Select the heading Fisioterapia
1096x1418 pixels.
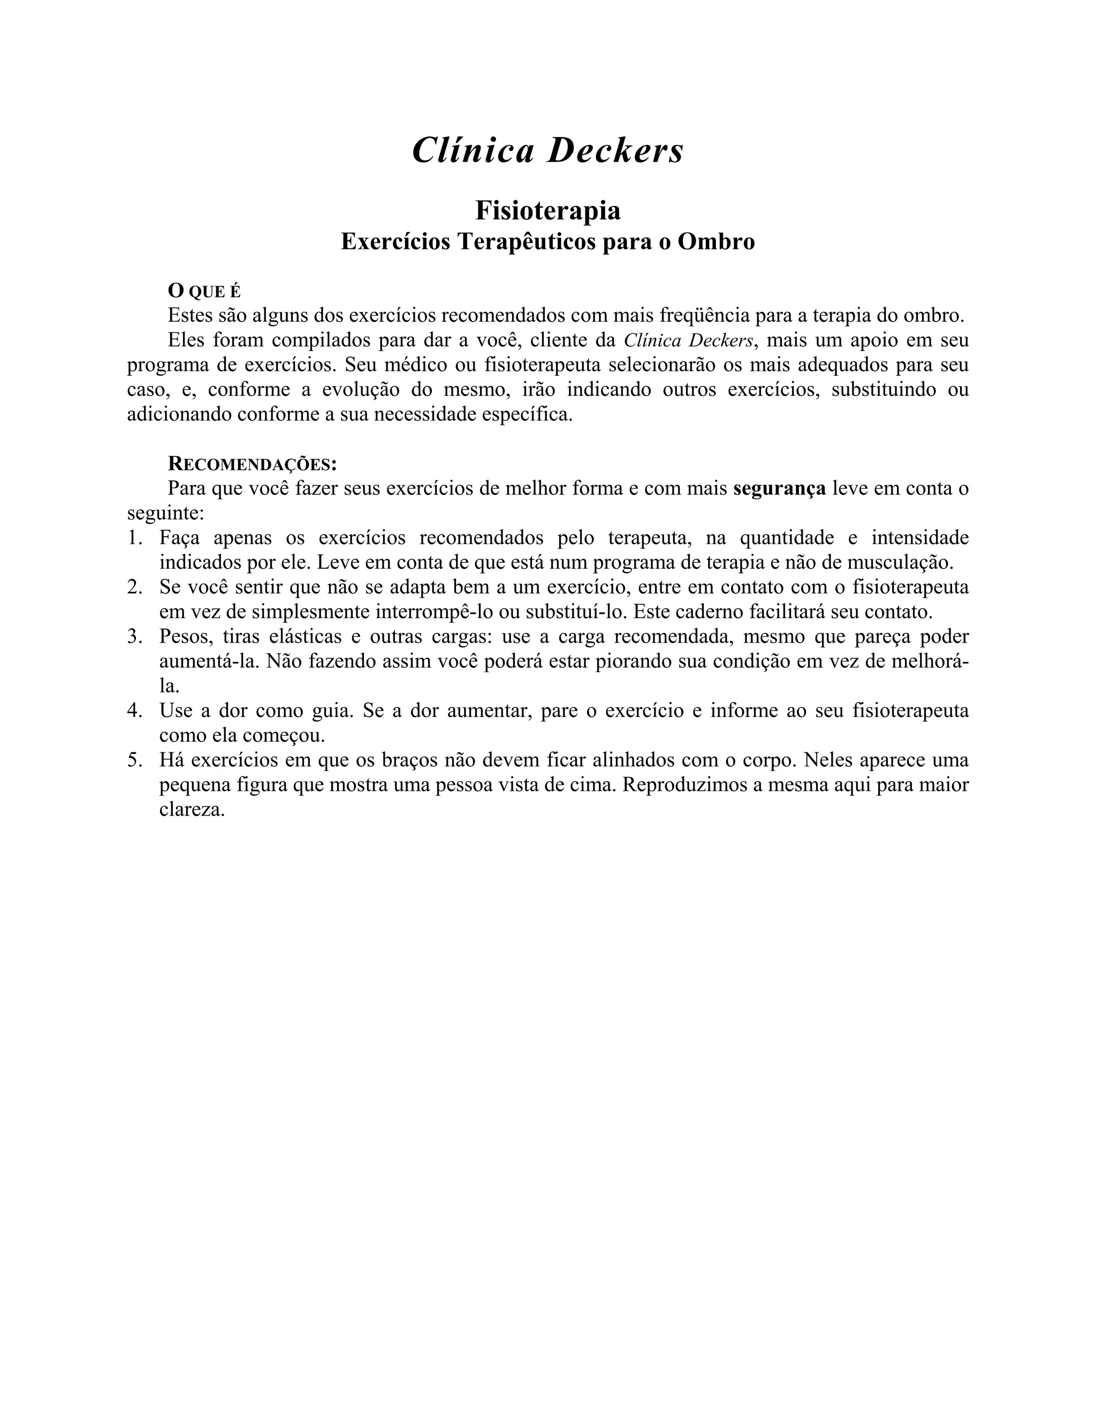tap(547, 210)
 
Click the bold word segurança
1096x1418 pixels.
tap(779, 488)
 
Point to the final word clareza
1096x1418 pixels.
tap(192, 810)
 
